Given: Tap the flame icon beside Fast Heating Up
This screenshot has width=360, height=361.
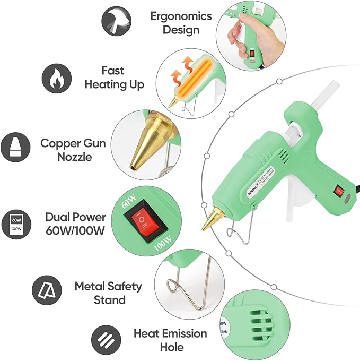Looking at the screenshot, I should [x=57, y=78].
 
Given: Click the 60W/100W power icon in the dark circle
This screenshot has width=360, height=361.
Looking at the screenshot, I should [x=15, y=222].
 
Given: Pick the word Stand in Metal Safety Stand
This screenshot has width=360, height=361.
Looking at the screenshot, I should [x=109, y=299].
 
